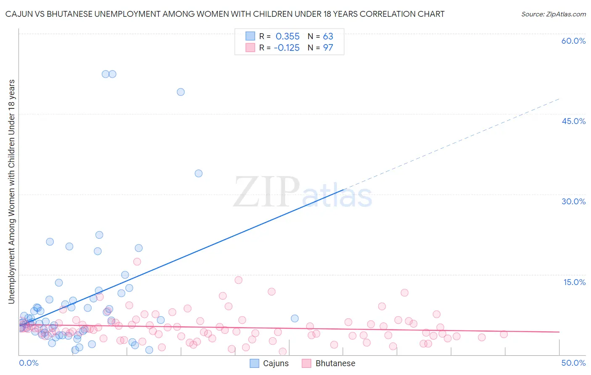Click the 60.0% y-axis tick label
click(x=573, y=41)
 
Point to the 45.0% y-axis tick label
click(x=573, y=121)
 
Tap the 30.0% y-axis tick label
click(x=573, y=201)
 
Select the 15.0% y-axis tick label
click(x=574, y=282)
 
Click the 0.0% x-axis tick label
click(x=29, y=363)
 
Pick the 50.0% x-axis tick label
click(x=573, y=363)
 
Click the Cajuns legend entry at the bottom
click(x=269, y=363)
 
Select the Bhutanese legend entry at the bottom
click(x=328, y=363)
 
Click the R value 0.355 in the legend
click(x=288, y=37)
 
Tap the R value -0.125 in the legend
click(x=287, y=48)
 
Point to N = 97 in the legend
click(x=320, y=48)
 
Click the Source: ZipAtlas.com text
click(x=553, y=14)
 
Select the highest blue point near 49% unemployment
click(x=181, y=92)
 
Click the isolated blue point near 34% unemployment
click(x=199, y=173)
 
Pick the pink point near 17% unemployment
click(x=137, y=261)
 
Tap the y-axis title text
click(x=12, y=191)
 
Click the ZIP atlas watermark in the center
click(x=303, y=193)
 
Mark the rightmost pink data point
click(x=504, y=334)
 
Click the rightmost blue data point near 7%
click(x=295, y=318)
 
